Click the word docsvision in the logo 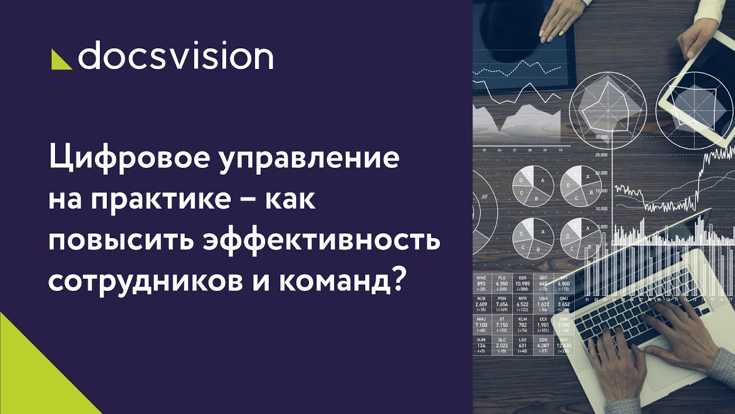pyautogui.click(x=175, y=56)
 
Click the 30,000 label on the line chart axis pyautogui.click(x=601, y=137)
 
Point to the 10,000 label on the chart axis pyautogui.click(x=601, y=209)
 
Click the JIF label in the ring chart pyautogui.click(x=484, y=197)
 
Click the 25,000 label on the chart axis pyautogui.click(x=601, y=155)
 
